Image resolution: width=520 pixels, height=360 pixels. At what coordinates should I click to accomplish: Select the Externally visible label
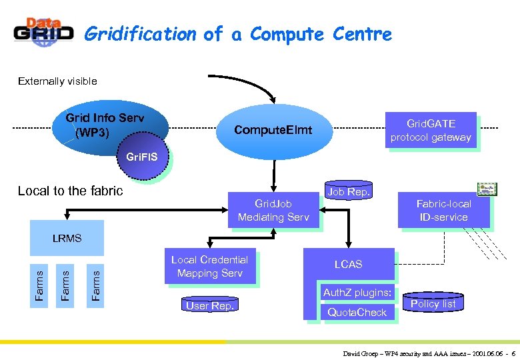pyautogui.click(x=57, y=81)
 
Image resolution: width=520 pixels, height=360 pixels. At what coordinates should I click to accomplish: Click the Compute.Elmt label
pyautogui.click(x=273, y=130)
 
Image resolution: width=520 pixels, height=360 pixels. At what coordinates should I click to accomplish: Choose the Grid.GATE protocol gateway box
pyautogui.click(x=431, y=131)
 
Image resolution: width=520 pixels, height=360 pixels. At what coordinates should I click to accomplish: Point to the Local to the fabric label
pyautogui.click(x=71, y=191)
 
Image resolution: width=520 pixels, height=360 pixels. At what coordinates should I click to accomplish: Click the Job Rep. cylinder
pyautogui.click(x=349, y=191)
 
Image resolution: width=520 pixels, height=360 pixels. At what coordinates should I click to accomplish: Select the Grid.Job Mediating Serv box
pyautogui.click(x=273, y=211)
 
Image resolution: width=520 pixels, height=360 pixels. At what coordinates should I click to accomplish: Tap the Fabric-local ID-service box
pyautogui.click(x=443, y=211)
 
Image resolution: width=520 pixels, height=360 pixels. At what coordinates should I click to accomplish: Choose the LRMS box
pyautogui.click(x=67, y=238)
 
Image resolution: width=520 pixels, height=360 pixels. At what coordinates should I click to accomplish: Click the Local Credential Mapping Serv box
pyautogui.click(x=209, y=267)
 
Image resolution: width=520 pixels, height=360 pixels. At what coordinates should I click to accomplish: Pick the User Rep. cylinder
pyautogui.click(x=209, y=306)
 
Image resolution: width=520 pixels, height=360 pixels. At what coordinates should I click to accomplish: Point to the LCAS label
pyautogui.click(x=348, y=265)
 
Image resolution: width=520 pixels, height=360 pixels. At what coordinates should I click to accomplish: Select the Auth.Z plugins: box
pyautogui.click(x=357, y=293)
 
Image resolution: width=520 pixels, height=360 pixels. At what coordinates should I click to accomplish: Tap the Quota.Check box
pyautogui.click(x=357, y=312)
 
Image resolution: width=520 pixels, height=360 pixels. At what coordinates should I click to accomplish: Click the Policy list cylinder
pyautogui.click(x=433, y=304)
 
